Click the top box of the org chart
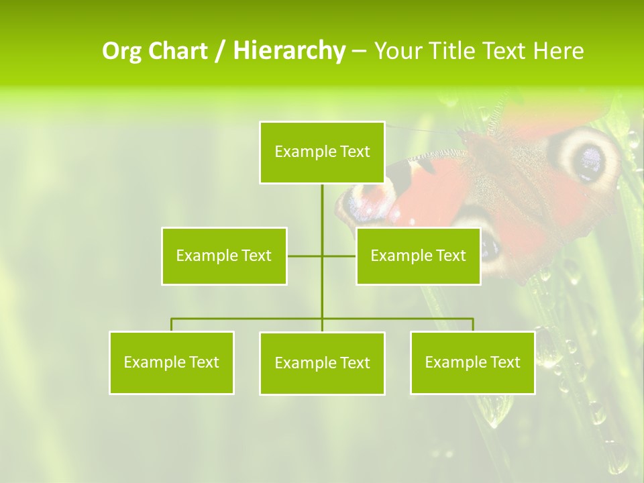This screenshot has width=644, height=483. coord(322,152)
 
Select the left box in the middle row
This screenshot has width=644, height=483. coord(224,256)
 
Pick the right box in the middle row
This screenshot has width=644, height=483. coord(418,256)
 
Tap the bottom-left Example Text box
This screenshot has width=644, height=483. coord(172,362)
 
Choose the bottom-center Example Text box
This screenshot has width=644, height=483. coord(322,363)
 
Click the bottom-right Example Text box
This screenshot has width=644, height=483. coord(473,362)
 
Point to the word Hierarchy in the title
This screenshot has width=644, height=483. coord(288,51)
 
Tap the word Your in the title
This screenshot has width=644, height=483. coord(399,51)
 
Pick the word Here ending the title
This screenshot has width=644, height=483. coord(558,51)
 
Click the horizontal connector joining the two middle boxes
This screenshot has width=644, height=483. coord(305,256)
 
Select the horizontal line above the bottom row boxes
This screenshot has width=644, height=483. coord(248,319)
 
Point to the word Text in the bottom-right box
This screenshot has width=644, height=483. coord(504,362)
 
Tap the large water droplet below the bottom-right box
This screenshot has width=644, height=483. coord(495,411)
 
